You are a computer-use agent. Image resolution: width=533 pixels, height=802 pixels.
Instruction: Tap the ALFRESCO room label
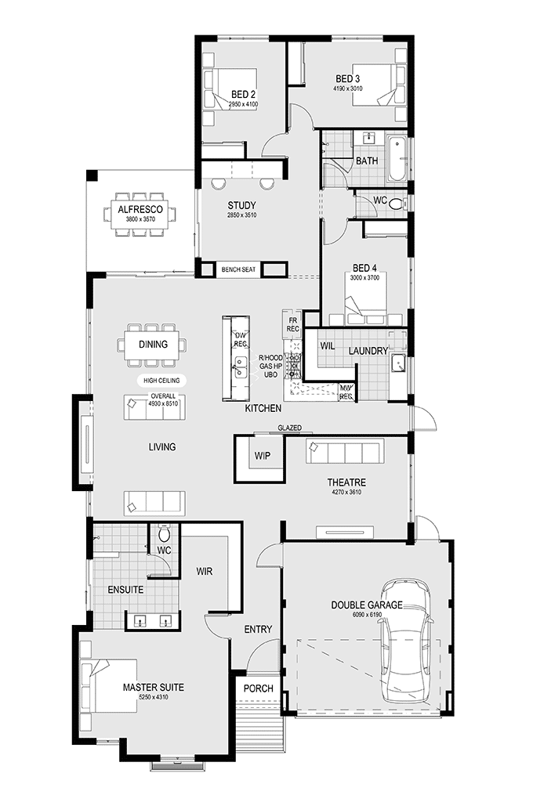140,209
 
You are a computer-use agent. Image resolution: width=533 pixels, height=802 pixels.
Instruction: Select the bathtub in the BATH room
397,158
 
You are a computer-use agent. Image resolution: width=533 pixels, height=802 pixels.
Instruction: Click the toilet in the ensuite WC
164,533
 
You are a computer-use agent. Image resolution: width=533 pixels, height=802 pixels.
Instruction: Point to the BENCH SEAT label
238,269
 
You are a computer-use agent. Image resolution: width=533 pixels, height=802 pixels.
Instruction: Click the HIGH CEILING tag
161,381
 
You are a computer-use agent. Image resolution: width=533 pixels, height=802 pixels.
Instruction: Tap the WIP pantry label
262,456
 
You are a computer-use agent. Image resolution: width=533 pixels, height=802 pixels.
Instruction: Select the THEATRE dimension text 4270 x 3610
346,492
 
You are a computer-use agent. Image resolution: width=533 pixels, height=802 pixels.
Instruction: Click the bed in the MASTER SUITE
109,686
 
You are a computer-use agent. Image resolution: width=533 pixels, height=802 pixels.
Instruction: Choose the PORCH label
258,688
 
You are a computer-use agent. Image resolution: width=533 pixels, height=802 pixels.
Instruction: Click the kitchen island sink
240,367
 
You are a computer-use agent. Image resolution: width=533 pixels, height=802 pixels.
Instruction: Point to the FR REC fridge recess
293,324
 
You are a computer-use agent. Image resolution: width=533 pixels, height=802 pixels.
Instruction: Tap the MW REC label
346,392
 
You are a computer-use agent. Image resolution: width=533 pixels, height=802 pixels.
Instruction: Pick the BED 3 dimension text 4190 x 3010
348,89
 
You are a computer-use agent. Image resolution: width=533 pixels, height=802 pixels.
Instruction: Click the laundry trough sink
397,363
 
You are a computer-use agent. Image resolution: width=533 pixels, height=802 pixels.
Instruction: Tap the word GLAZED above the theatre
290,428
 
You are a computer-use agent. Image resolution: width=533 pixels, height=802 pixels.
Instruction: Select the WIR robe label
205,571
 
